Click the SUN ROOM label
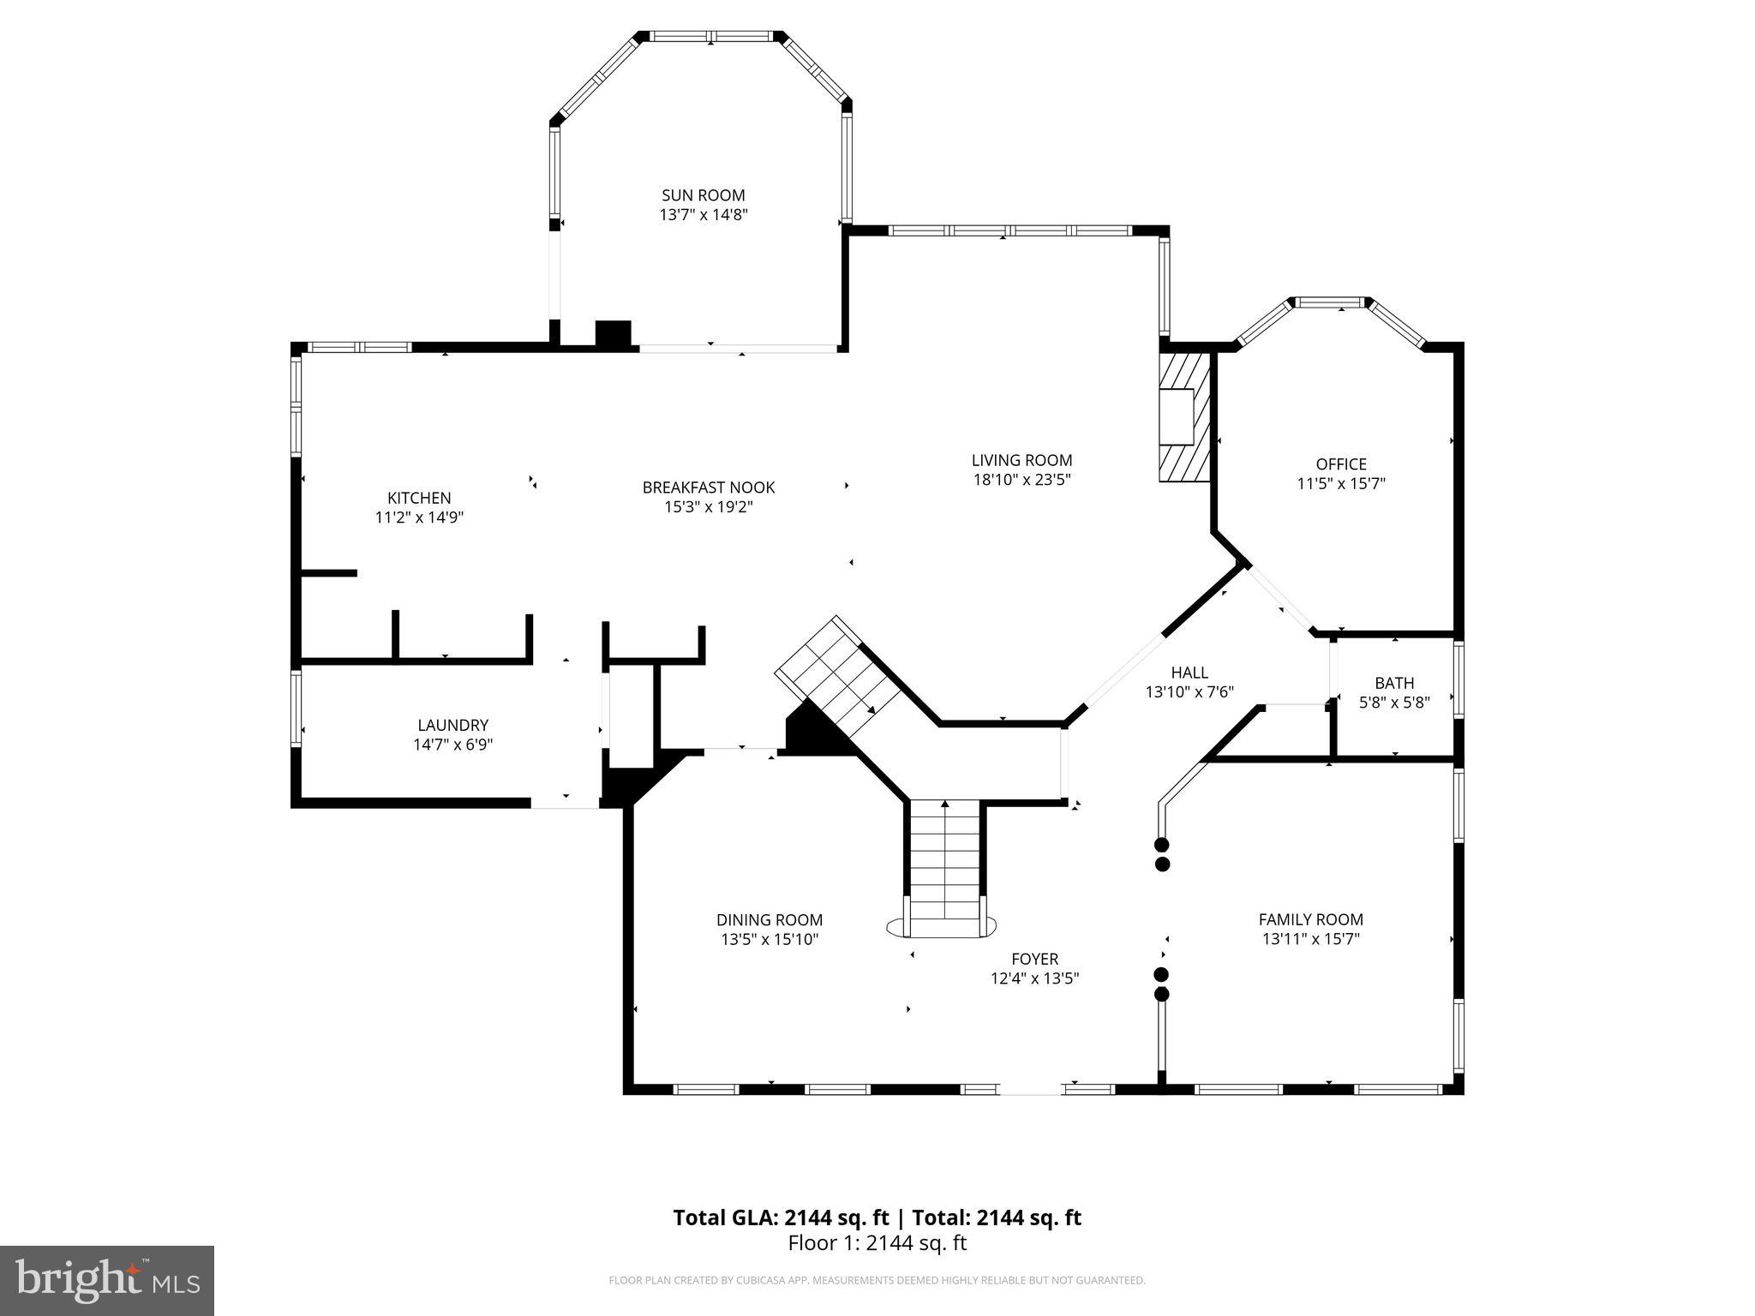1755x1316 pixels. tap(703, 195)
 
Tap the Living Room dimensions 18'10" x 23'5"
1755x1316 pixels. tap(1021, 480)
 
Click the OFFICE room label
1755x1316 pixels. tap(1341, 464)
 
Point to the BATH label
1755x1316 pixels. tap(1394, 683)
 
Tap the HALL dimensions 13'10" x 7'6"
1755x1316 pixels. tap(1189, 692)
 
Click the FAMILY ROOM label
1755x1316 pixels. tap(1310, 919)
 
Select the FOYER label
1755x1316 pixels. tap(1034, 959)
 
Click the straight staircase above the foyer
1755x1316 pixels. tap(944, 865)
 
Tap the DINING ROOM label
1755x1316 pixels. tap(770, 920)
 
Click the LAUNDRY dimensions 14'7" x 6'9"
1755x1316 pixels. tap(452, 745)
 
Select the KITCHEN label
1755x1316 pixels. tap(419, 498)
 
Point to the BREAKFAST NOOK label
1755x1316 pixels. tap(708, 488)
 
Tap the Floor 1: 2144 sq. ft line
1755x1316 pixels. tap(877, 1243)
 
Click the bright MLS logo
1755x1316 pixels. tap(107, 1280)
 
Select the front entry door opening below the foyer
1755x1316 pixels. tap(1032, 1089)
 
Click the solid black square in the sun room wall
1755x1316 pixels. tap(613, 333)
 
